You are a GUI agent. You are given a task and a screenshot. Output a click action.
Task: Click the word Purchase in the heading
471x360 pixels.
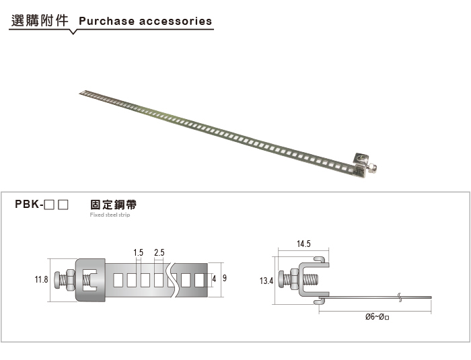pos(106,21)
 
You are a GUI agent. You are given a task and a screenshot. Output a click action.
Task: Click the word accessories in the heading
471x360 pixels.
pos(176,21)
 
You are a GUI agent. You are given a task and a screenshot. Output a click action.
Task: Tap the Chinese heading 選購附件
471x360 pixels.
pos(40,20)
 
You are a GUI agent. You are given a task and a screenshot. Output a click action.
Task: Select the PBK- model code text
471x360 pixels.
pos(29,204)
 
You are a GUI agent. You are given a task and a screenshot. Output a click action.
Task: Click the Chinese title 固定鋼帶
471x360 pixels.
pos(113,205)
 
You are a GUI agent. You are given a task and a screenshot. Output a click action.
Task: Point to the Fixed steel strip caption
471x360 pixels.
pos(110,215)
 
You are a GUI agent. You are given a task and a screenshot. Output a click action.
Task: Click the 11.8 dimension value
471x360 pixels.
pos(41,279)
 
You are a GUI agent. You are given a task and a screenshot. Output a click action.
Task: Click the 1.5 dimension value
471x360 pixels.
pos(138,252)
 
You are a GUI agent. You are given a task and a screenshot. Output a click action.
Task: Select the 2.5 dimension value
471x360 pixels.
pos(159,252)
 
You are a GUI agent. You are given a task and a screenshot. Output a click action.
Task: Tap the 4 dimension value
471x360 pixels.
pos(214,279)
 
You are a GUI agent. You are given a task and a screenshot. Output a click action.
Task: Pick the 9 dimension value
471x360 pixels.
pos(224,278)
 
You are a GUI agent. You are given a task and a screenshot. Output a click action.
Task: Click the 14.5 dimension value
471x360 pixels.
pos(303,244)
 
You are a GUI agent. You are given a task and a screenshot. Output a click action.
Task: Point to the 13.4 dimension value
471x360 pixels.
pos(266,281)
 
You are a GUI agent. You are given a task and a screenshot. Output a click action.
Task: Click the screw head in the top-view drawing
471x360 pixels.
pos(57,280)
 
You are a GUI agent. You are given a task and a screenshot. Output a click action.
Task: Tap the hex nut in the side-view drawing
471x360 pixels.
pos(294,280)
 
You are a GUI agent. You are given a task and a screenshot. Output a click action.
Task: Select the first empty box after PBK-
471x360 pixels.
pos(49,205)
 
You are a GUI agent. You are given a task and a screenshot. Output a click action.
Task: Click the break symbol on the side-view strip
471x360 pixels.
pos(400,297)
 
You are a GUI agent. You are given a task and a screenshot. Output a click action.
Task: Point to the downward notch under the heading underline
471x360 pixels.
pos(73,32)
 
